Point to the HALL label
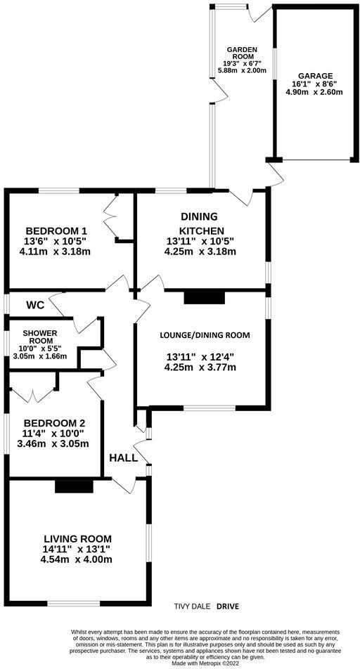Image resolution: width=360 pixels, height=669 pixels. click(124, 458)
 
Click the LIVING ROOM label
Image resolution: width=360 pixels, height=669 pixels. click(78, 538)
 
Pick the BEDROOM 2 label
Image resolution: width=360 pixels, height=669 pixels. click(54, 424)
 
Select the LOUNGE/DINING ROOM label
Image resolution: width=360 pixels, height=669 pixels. click(205, 335)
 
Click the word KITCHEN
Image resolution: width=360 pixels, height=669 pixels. click(200, 230)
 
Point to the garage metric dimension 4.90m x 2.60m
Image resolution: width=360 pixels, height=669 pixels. click(315, 92)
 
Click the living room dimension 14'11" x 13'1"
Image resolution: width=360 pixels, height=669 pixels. click(79, 548)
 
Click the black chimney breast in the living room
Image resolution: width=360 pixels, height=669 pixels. click(75, 486)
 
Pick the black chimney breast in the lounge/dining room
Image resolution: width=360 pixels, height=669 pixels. click(204, 297)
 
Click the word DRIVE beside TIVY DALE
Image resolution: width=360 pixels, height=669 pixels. click(228, 606)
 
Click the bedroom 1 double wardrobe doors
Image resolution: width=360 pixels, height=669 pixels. click(111, 216)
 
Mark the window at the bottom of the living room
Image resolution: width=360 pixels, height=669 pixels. click(74, 603)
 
